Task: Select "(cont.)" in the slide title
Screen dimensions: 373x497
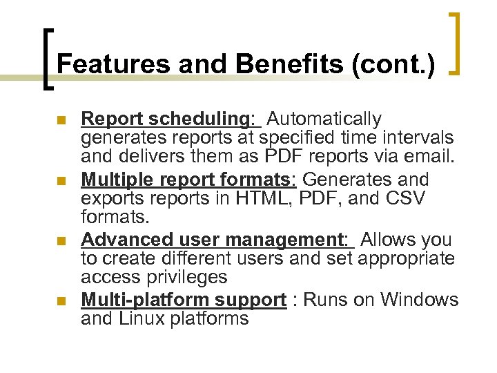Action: pos(393,64)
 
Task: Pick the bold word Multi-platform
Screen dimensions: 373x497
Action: pos(146,300)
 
